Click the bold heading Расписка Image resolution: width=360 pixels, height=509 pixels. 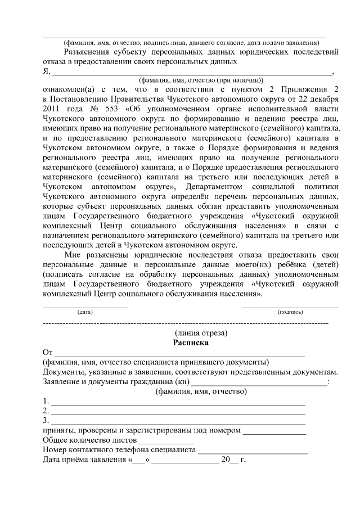coord(190,342)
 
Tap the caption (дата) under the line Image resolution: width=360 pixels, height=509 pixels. coord(85,311)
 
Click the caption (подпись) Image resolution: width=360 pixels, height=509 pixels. coord(290,311)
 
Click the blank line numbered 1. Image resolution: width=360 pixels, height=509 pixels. coord(178,403)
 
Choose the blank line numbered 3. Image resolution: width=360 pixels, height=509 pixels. coord(178,422)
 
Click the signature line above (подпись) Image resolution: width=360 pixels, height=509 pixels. coord(290,307)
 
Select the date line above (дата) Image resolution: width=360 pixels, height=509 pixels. coord(85,307)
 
